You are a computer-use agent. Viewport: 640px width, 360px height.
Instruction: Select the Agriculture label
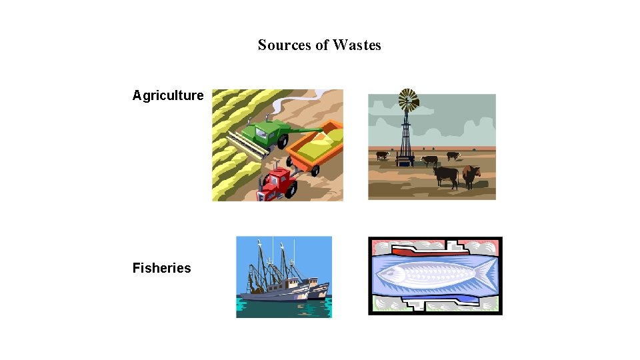tap(167, 95)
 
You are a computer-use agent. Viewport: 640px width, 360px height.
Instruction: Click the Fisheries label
tap(161, 268)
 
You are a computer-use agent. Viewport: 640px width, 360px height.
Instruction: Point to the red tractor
tap(278, 183)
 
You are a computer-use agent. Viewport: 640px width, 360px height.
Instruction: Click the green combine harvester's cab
tap(264, 134)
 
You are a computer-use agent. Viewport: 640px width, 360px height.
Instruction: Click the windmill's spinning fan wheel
tap(408, 101)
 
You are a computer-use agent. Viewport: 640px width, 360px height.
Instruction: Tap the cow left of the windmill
tap(383, 155)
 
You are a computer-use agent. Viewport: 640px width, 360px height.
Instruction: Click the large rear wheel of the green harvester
tap(283, 141)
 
